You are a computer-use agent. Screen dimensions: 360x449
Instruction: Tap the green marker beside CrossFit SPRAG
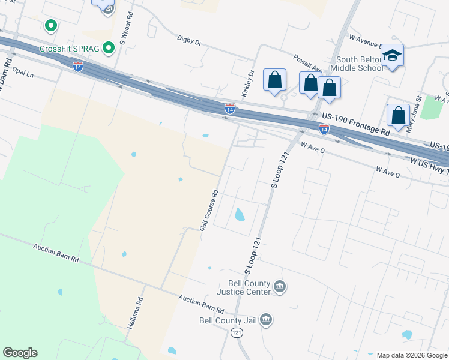click(x=109, y=47)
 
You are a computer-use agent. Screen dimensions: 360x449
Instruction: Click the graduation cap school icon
click(x=393, y=56)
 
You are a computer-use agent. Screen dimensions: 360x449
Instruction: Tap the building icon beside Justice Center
click(x=279, y=287)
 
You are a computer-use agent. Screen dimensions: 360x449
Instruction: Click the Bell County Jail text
click(x=228, y=320)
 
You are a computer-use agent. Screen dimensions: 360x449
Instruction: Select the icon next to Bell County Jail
click(x=267, y=320)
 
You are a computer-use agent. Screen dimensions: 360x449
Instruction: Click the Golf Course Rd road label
click(x=209, y=211)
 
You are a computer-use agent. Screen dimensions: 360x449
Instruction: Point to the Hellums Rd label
click(x=136, y=313)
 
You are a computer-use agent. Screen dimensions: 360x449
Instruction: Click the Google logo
click(x=20, y=353)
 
